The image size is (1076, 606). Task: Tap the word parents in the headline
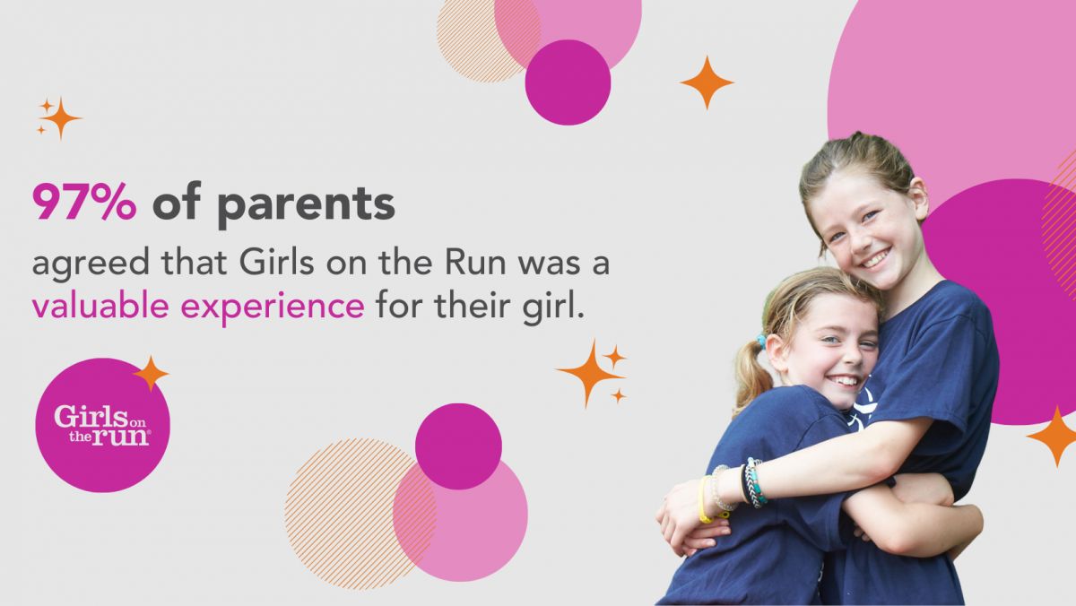pyautogui.click(x=306, y=206)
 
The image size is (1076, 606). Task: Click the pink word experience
pyautogui.click(x=273, y=307)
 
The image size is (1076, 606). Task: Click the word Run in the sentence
pyautogui.click(x=475, y=264)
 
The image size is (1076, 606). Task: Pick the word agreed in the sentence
pyautogui.click(x=91, y=265)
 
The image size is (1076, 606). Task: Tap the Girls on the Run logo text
pyautogui.click(x=101, y=426)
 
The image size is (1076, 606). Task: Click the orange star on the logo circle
pyautogui.click(x=151, y=373)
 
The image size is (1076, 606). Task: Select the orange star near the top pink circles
pyautogui.click(x=707, y=82)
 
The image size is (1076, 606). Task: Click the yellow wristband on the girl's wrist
pyautogui.click(x=705, y=499)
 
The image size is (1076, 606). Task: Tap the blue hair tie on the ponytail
pyautogui.click(x=761, y=342)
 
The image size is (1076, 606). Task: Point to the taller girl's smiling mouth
pyautogui.click(x=876, y=259)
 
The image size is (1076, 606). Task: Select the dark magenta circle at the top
pyautogui.click(x=568, y=82)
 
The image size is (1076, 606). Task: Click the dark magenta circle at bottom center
pyautogui.click(x=458, y=446)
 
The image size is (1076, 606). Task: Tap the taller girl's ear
pyautogui.click(x=918, y=197)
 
